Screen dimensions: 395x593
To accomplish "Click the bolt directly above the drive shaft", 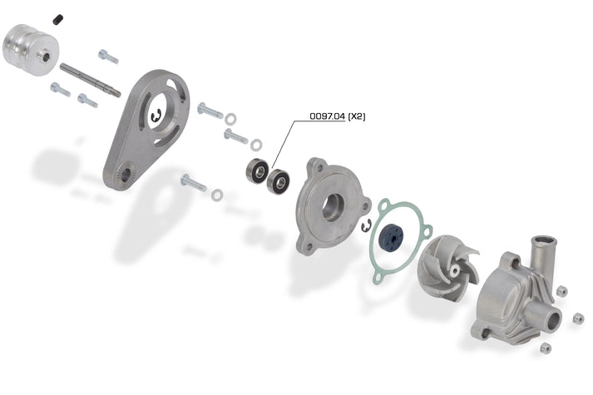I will pos(108,57).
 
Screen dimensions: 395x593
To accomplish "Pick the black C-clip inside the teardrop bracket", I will pos(156,119).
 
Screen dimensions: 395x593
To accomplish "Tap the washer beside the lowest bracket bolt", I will pos(216,195).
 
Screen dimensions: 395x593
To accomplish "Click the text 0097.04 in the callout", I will pos(327,116).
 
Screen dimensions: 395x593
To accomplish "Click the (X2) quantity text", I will pos(356,116).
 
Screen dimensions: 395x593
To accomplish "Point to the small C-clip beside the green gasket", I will pos(365,225).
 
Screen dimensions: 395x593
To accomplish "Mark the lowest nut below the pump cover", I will pos(546,347).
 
